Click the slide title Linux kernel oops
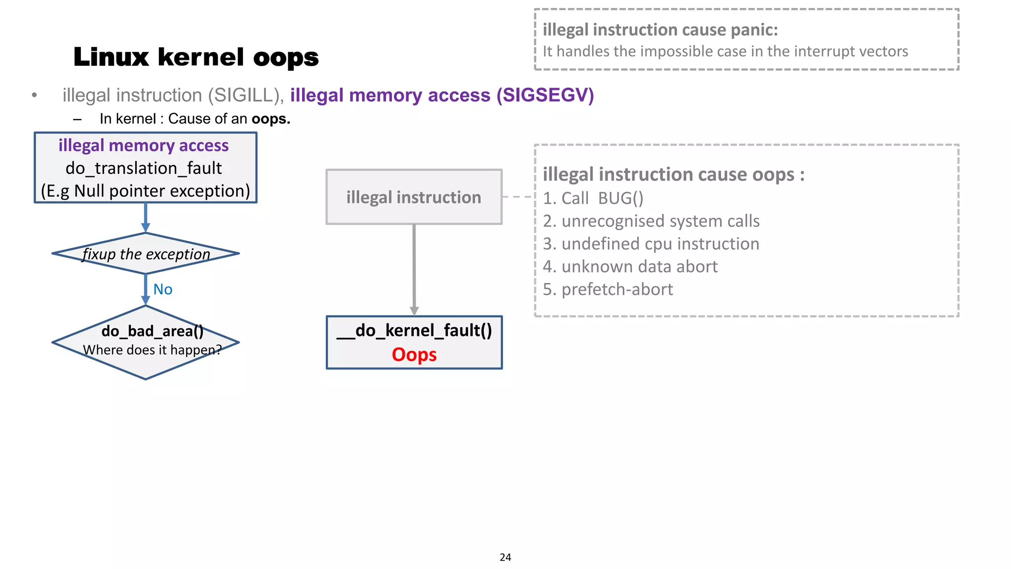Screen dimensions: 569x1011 [196, 57]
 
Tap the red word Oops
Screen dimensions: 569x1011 [414, 355]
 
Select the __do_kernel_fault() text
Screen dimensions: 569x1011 [414, 330]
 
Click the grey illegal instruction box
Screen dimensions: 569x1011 [414, 197]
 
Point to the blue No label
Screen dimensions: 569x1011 [162, 289]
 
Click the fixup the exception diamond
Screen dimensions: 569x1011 [146, 254]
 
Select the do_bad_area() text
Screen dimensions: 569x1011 [152, 331]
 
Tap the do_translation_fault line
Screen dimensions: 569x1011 [144, 168]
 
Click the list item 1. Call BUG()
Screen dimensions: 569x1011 [593, 199]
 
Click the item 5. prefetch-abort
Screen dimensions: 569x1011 [608, 289]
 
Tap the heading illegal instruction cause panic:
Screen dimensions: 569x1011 [660, 30]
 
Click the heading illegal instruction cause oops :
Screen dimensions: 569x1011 [673, 174]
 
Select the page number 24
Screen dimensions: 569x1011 [505, 557]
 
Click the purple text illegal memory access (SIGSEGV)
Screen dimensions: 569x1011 [442, 95]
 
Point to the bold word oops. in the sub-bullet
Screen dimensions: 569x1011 [271, 119]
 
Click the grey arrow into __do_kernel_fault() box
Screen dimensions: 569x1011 [414, 269]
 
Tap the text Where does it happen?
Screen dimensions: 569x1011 [152, 350]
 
